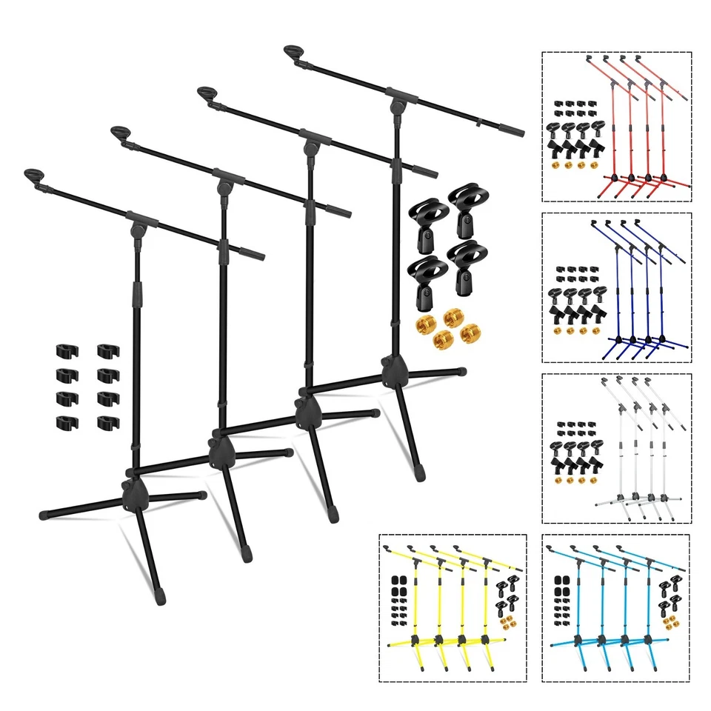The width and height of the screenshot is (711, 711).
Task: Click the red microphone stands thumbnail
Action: pos(617,127)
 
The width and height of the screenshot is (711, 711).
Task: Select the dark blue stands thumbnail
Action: pos(617,288)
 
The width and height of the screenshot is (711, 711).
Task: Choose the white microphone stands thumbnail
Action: pos(617,448)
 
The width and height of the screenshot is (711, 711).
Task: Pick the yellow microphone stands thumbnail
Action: pos(453,607)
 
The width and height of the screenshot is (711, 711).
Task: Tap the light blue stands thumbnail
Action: pos(617,607)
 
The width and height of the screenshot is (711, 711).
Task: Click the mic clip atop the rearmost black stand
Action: pos(294,54)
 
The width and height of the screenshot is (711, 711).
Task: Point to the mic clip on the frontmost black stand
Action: pos(34,176)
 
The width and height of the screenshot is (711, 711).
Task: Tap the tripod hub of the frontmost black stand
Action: pos(133,492)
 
